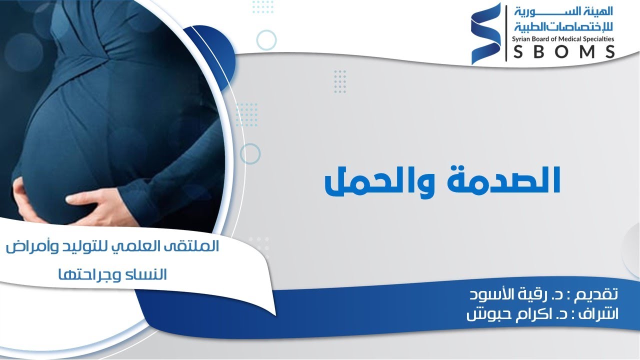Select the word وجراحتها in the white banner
[x=90, y=274]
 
